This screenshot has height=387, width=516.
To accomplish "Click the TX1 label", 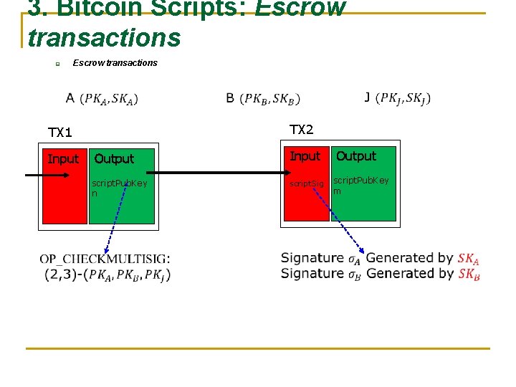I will click(x=60, y=133).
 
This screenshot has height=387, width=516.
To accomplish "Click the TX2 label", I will click(x=301, y=130).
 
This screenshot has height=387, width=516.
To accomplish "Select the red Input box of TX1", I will click(x=63, y=193).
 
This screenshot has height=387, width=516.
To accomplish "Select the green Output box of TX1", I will click(x=121, y=204).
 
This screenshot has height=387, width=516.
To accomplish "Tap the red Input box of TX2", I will click(x=306, y=204).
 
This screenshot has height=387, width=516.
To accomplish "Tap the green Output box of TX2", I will click(x=363, y=204).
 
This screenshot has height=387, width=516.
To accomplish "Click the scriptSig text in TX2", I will click(x=306, y=184).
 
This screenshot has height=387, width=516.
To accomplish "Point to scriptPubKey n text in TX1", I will click(x=119, y=188).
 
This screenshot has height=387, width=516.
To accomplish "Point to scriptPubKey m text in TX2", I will click(x=360, y=185).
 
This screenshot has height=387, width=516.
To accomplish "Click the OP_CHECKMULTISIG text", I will click(x=105, y=259).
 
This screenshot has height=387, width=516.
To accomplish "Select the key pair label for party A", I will click(x=102, y=98).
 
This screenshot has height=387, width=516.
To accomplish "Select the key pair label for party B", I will click(x=263, y=98).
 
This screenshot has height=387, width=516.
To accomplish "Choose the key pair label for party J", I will click(x=398, y=97).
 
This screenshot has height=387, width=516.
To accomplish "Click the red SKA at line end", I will click(x=469, y=259).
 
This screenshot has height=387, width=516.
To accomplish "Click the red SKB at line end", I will click(x=469, y=274).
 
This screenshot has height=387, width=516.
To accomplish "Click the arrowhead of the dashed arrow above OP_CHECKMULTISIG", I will click(x=107, y=250).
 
